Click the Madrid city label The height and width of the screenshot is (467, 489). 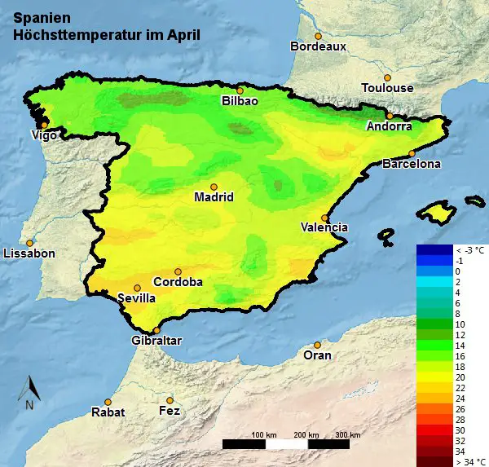(x=214, y=197)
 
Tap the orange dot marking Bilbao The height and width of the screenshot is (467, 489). (x=240, y=90)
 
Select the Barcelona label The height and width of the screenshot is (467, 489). (x=412, y=164)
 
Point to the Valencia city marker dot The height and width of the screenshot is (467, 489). (x=325, y=218)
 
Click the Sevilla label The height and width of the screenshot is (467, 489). (x=137, y=298)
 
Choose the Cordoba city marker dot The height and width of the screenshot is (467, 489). (x=178, y=271)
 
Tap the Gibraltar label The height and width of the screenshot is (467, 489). (x=156, y=341)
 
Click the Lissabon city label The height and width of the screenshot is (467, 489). (x=29, y=253)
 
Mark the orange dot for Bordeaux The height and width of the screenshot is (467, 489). (x=319, y=36)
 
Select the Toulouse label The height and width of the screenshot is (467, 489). (x=388, y=88)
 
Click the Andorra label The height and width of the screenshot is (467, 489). (x=390, y=126)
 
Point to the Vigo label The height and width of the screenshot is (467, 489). (x=44, y=134)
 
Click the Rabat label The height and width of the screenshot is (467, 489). (x=108, y=412)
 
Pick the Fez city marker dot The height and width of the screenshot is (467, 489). (x=170, y=400)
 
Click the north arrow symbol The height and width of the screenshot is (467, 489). (x=29, y=391)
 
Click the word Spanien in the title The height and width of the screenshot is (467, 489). (x=42, y=16)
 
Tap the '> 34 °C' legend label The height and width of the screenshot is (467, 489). (x=469, y=461)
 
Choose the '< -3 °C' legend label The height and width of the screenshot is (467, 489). (x=469, y=250)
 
